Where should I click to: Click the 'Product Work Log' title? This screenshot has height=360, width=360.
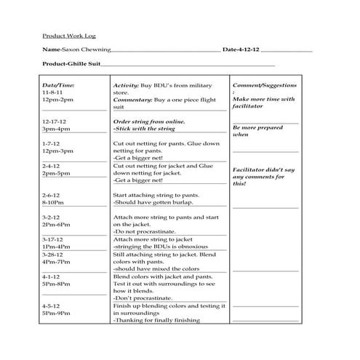[68, 35]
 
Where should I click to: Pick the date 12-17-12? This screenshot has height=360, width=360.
[55, 121]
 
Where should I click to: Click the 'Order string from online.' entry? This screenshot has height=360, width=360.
[149, 121]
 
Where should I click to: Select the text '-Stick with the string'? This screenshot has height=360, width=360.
[145, 129]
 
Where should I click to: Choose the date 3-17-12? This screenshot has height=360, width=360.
[52, 239]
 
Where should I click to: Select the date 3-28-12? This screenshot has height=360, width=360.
[52, 255]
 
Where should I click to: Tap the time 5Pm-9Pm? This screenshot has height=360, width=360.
[57, 313]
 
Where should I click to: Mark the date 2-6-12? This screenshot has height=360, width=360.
[51, 196]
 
